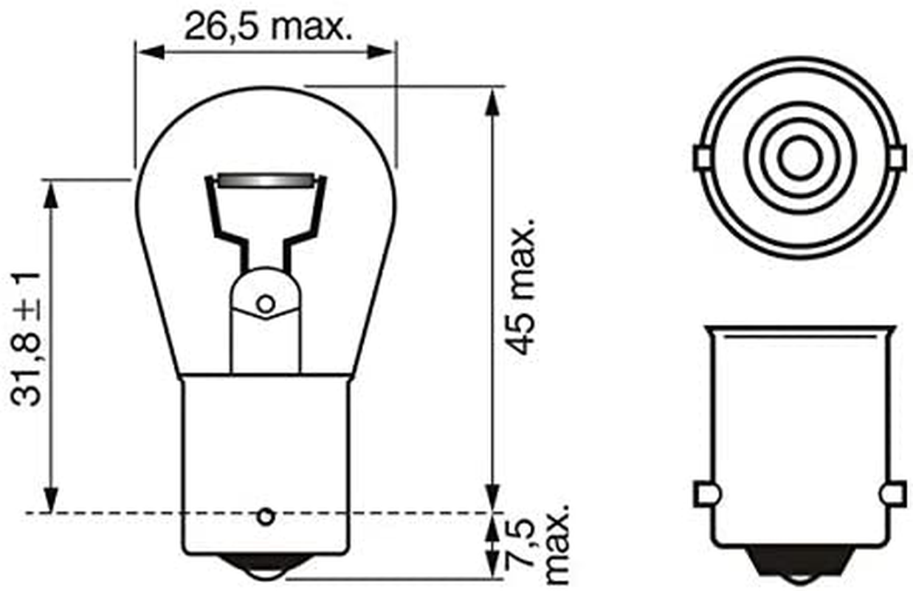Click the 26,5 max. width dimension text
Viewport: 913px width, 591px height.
(265, 27)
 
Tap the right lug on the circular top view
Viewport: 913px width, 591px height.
(898, 157)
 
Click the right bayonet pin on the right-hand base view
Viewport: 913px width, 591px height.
(895, 493)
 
